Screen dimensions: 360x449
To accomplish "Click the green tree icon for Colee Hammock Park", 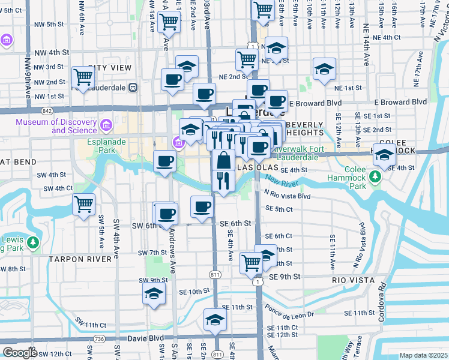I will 375,176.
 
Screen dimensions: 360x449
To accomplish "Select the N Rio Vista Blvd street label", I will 287,196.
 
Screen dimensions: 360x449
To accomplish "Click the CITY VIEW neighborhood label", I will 109,68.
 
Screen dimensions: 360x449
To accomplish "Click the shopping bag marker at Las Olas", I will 223,160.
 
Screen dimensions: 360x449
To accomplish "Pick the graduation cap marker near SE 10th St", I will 154,294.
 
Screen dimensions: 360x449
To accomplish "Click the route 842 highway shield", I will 47,111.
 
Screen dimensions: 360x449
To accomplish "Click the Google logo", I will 19,353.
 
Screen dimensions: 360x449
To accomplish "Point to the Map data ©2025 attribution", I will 423,355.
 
